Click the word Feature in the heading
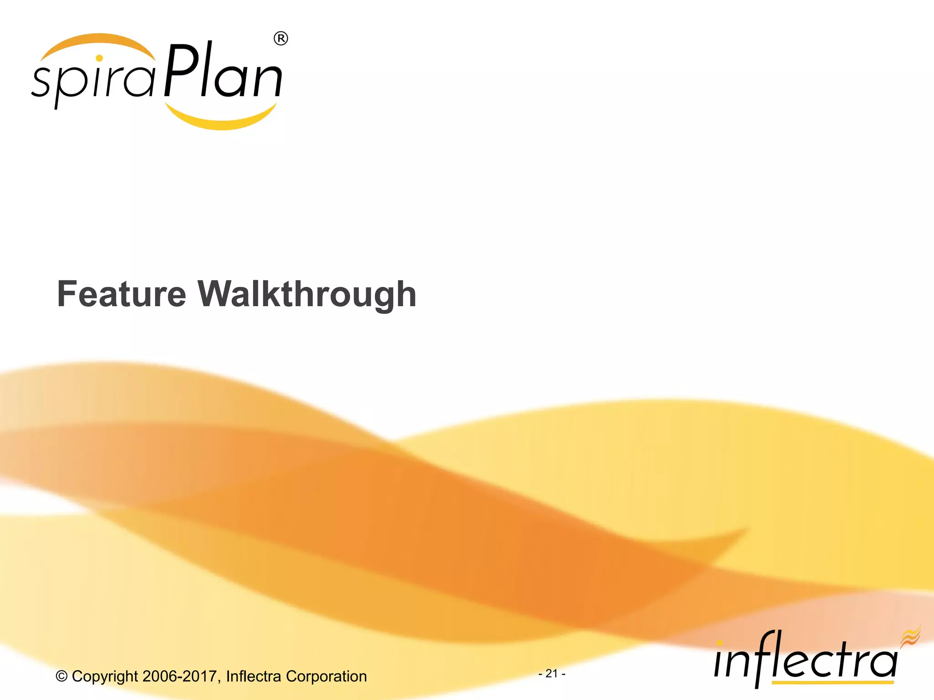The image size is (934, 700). pyautogui.click(x=121, y=294)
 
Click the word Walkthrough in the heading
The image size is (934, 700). pyautogui.click(x=307, y=294)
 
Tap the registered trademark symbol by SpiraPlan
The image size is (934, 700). pyautogui.click(x=280, y=39)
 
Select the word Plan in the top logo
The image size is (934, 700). pyautogui.click(x=223, y=73)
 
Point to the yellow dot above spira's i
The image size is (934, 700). pyautogui.click(x=99, y=58)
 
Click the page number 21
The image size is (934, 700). pyautogui.click(x=552, y=673)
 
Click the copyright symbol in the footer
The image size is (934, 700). pyautogui.click(x=62, y=676)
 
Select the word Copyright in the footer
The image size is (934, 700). pyautogui.click(x=105, y=676)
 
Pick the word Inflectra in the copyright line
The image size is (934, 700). pyautogui.click(x=254, y=676)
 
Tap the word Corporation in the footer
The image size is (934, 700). pyautogui.click(x=326, y=676)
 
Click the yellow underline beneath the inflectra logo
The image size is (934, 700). pyautogui.click(x=832, y=683)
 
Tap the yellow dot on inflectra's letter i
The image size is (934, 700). pyautogui.click(x=720, y=643)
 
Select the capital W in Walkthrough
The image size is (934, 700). pyautogui.click(x=217, y=294)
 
